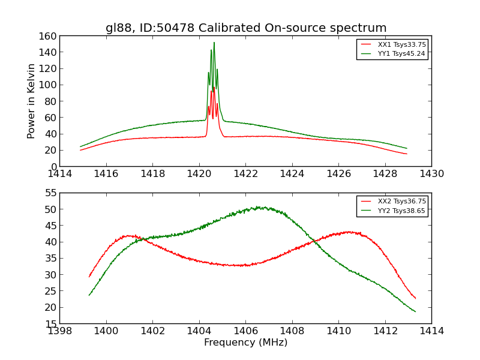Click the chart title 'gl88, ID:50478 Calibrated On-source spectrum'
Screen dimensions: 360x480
coord(246,28)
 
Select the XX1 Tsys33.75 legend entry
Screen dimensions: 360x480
coord(401,44)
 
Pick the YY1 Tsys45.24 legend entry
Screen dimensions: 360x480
coord(401,53)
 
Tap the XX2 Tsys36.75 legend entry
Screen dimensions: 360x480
coord(401,202)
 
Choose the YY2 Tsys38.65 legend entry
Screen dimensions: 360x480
coord(401,211)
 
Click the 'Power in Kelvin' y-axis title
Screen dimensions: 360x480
coord(31,101)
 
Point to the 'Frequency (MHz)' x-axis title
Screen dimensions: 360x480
coord(245,343)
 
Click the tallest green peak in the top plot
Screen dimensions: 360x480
coord(214,43)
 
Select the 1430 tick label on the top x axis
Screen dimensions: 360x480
coord(431,173)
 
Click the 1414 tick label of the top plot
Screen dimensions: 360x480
coord(60,173)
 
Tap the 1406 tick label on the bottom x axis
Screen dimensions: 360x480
coord(245,331)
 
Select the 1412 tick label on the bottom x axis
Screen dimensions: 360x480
coord(385,331)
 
